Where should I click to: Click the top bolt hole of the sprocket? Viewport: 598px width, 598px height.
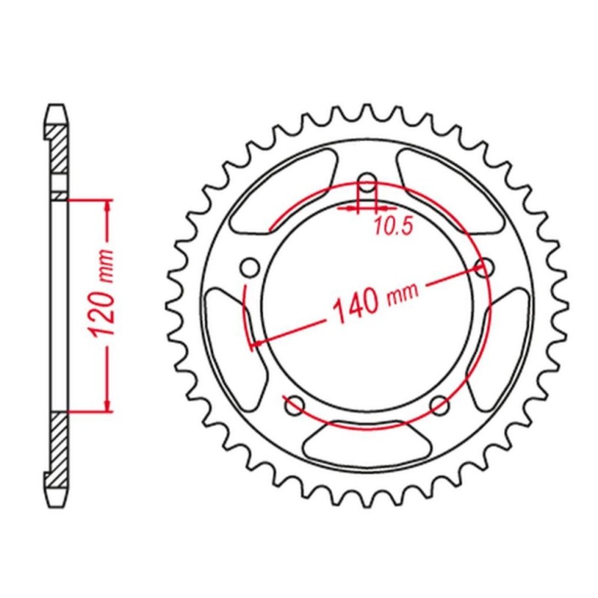(368, 182)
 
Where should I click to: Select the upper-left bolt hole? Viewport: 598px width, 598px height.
(250, 267)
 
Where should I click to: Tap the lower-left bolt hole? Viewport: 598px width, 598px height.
(295, 405)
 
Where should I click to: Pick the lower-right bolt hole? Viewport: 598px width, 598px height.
(440, 405)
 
